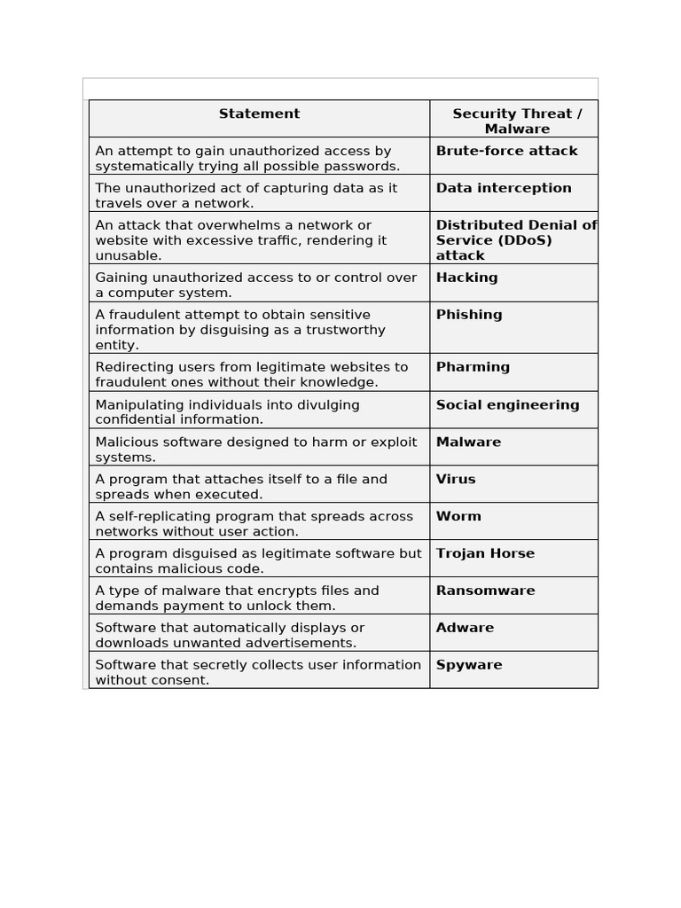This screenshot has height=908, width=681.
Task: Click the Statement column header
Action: [x=259, y=113]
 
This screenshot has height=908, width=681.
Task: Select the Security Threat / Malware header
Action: [x=517, y=121]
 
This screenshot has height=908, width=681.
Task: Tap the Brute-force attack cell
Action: [x=506, y=151]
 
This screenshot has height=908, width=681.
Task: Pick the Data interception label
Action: [x=504, y=188]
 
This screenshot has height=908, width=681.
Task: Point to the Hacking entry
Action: [x=466, y=278]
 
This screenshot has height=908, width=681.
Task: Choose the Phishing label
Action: [x=469, y=315]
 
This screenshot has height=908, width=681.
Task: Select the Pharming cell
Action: [x=473, y=367]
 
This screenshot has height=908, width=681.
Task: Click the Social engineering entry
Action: [x=507, y=405]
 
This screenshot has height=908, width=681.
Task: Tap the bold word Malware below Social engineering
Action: [x=468, y=442]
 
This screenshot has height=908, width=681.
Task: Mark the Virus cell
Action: [x=456, y=479]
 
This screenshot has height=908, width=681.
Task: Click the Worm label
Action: [x=458, y=516]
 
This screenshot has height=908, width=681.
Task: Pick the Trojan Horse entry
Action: [x=485, y=553]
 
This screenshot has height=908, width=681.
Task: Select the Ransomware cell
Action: [x=485, y=591]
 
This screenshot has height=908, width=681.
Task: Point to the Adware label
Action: [x=465, y=628]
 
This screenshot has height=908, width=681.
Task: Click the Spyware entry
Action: [x=469, y=665]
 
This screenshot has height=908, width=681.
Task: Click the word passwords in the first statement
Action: [x=363, y=166]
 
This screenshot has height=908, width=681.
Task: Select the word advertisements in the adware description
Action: [x=301, y=643]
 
